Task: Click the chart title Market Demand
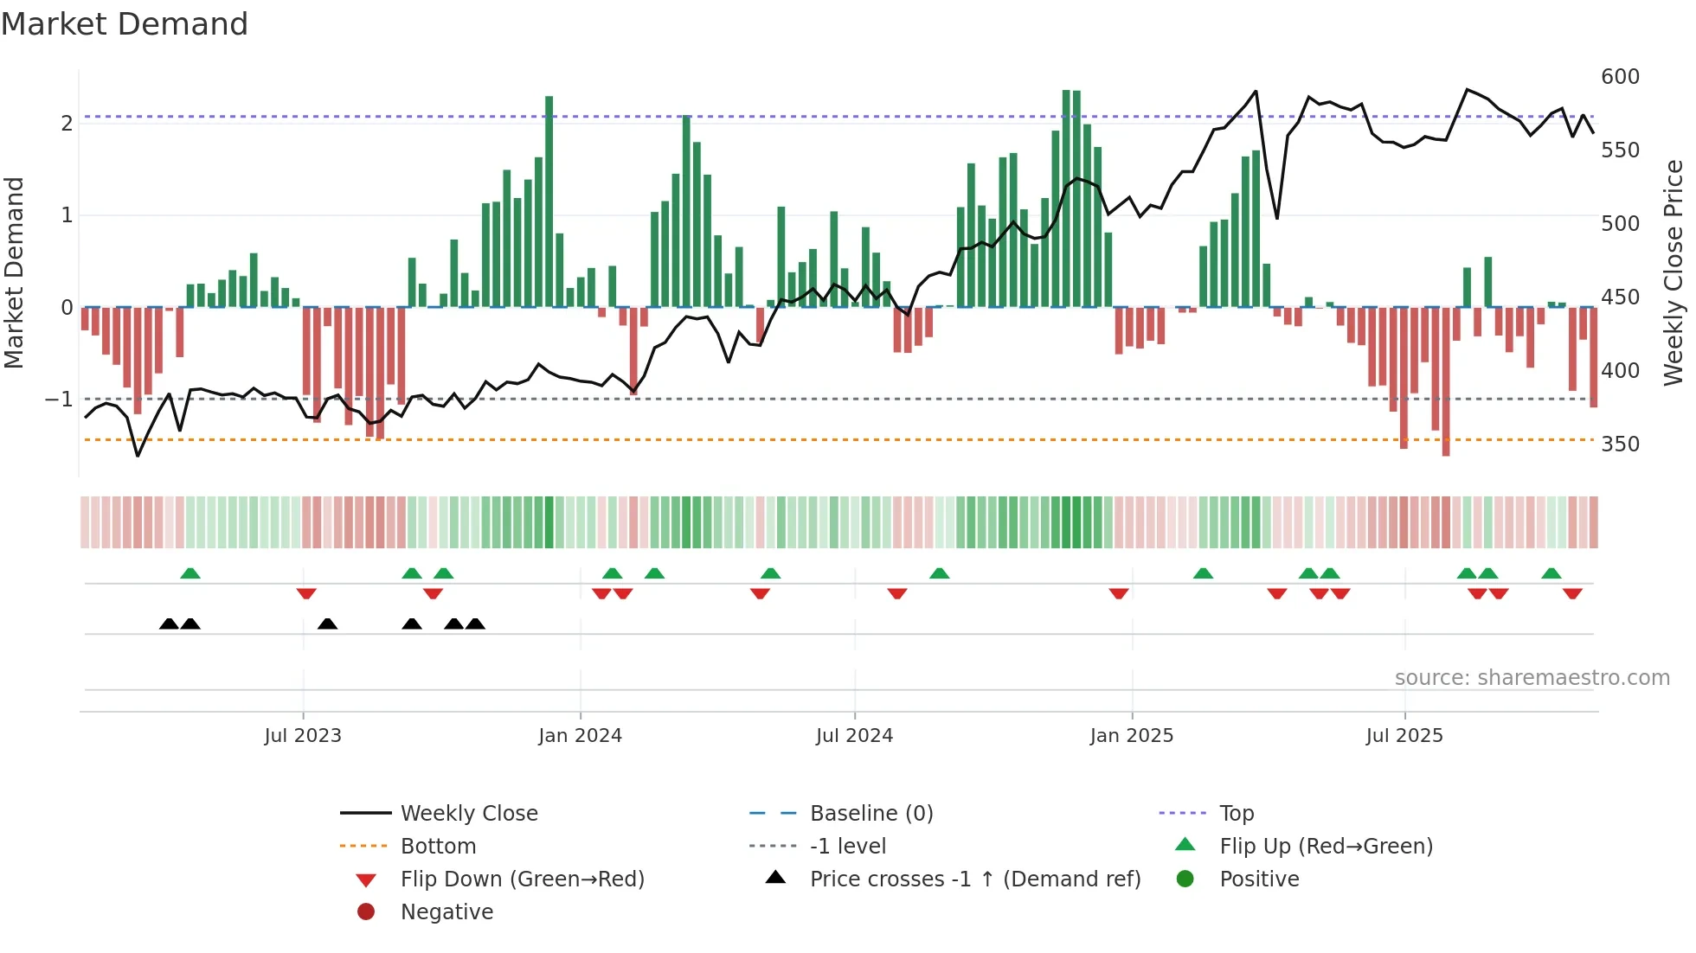point(125,24)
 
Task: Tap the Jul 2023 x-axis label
point(303,736)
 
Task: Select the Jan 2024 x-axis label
point(580,736)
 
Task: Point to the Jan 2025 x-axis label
point(1131,736)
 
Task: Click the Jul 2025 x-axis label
point(1404,736)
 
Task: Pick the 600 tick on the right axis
point(1620,77)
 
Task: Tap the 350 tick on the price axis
point(1620,445)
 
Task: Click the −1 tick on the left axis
point(60,400)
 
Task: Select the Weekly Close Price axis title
point(1674,272)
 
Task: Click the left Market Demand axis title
point(14,272)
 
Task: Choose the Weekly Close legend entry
point(468,814)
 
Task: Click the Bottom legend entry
point(438,847)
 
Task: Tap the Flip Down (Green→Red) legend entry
point(522,879)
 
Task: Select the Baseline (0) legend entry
point(870,814)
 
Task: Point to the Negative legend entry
point(446,912)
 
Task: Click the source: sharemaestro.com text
point(1532,678)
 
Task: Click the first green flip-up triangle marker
point(190,573)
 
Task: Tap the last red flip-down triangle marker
point(1572,593)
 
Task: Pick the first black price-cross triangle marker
point(170,624)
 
